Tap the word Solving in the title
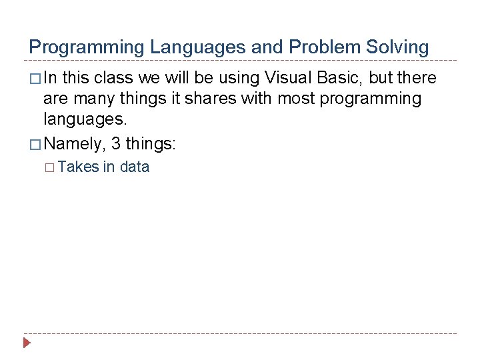point(399,47)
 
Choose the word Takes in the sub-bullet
point(79,167)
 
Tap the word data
point(134,167)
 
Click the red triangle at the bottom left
point(27,343)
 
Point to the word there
point(416,78)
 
